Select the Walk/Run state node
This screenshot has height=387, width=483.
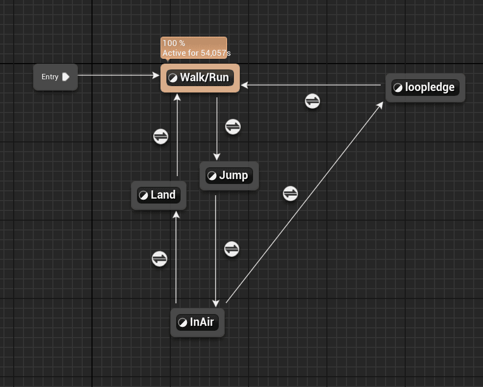pyautogui.click(x=200, y=77)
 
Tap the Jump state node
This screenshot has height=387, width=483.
pyautogui.click(x=229, y=176)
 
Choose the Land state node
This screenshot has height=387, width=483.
pyautogui.click(x=158, y=195)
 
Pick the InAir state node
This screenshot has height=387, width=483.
pyautogui.click(x=197, y=322)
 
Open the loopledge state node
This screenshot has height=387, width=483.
pyautogui.click(x=425, y=88)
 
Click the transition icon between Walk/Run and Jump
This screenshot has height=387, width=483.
pyautogui.click(x=233, y=127)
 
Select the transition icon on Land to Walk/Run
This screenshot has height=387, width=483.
pyautogui.click(x=161, y=137)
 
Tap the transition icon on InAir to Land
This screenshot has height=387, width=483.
pyautogui.click(x=160, y=258)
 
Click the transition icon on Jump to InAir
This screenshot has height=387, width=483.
pyautogui.click(x=231, y=249)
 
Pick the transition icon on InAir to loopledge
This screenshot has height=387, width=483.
pyautogui.click(x=290, y=194)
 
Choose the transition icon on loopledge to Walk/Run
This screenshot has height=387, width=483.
pyautogui.click(x=312, y=101)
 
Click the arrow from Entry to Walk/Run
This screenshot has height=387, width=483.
pyautogui.click(x=117, y=75)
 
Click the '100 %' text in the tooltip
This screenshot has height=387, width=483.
pyautogui.click(x=174, y=44)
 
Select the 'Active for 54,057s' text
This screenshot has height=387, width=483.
pyautogui.click(x=196, y=53)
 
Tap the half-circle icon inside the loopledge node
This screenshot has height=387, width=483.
pyautogui.click(x=398, y=88)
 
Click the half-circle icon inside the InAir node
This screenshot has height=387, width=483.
pyautogui.click(x=183, y=322)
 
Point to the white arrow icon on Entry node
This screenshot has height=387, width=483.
pyautogui.click(x=66, y=77)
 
